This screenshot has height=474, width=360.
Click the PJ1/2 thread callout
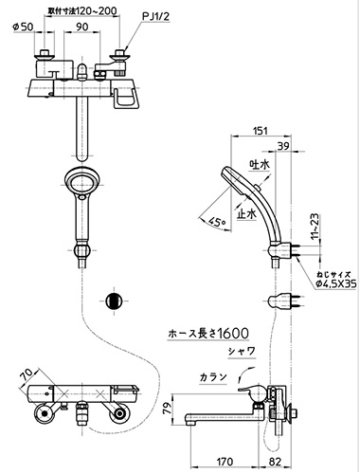tap(155, 17)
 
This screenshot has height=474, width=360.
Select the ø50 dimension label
tap(23, 27)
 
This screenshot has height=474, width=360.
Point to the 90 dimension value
tap(82, 27)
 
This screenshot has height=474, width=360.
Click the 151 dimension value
tap(261, 131)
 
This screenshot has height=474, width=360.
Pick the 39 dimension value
tap(283, 146)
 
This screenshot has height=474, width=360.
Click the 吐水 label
tap(260, 165)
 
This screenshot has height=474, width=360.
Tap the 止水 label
tap(246, 214)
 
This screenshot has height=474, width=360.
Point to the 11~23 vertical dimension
tap(315, 226)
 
